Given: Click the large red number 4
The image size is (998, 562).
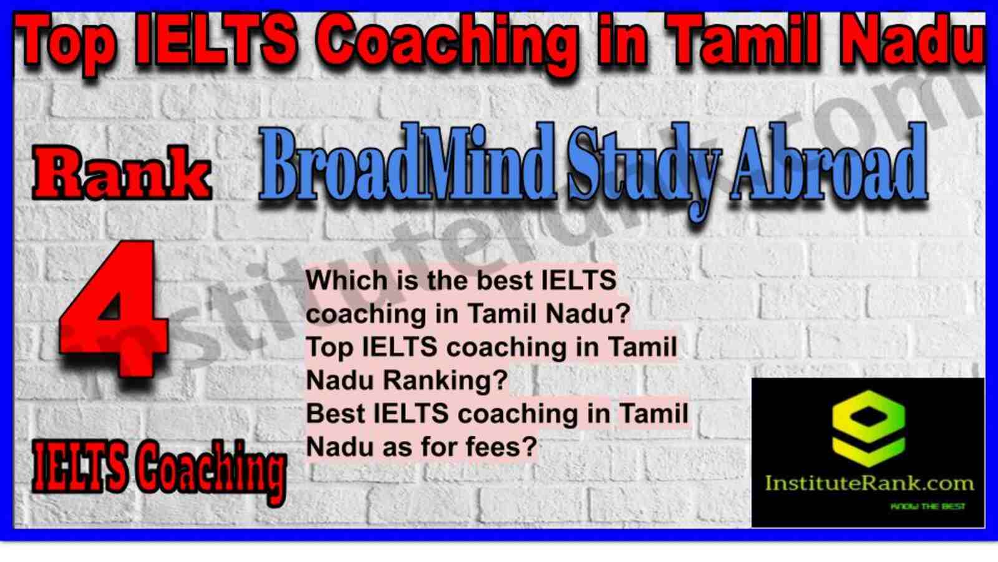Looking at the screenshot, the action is point(114,308).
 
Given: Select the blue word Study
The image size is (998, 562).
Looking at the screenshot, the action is point(644,171).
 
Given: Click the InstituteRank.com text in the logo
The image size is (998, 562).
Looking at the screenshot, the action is point(869,483).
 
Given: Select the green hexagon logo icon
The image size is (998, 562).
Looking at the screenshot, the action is point(868,428).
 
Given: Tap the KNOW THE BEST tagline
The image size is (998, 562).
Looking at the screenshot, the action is point(928,506).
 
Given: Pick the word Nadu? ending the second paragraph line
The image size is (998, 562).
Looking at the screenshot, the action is point(588,314).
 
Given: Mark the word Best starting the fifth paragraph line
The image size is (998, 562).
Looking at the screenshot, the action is point(335,413).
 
